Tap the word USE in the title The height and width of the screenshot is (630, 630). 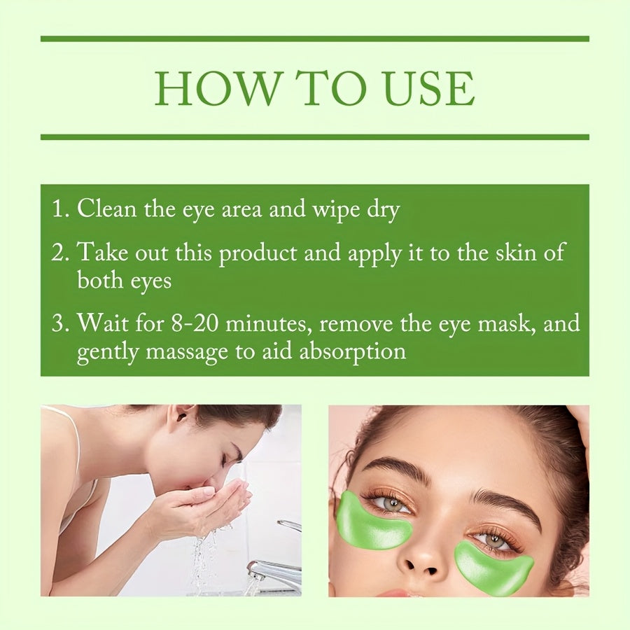click(426, 88)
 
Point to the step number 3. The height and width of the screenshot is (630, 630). click(59, 325)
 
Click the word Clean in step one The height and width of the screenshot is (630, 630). click(106, 209)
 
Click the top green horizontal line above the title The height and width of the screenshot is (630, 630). click(314, 39)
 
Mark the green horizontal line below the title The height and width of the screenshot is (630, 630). click(314, 136)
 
